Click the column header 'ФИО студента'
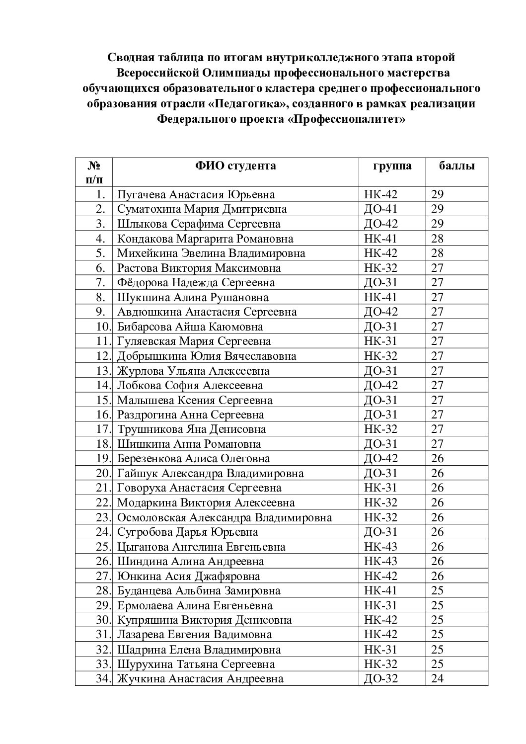(x=235, y=166)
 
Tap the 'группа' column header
(x=392, y=166)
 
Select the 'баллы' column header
(x=456, y=166)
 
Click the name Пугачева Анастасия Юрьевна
(x=196, y=194)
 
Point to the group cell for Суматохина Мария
(x=381, y=209)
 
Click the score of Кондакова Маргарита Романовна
(x=438, y=239)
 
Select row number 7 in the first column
(x=101, y=283)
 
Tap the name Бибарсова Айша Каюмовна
(x=190, y=327)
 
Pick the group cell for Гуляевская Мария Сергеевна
(x=381, y=341)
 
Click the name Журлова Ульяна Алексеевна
(x=193, y=371)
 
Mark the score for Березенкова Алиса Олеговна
(x=438, y=459)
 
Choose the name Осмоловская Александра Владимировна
(x=225, y=517)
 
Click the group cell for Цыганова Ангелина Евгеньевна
(x=381, y=547)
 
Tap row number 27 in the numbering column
(x=102, y=577)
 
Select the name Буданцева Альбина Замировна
(x=199, y=591)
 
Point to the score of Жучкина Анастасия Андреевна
(x=437, y=679)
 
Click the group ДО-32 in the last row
(x=381, y=679)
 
